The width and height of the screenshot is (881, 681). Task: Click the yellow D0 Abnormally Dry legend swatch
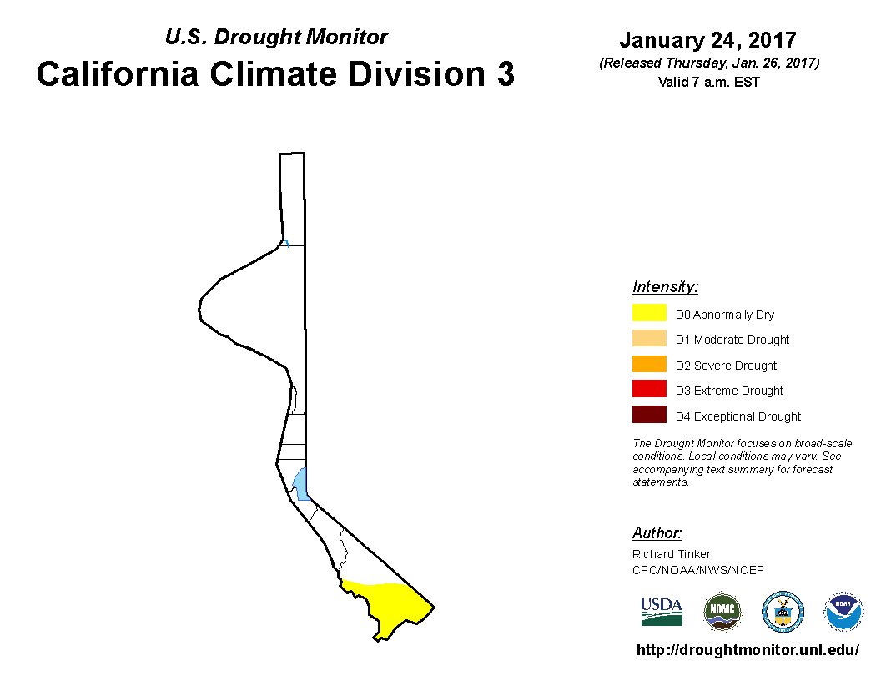(x=649, y=312)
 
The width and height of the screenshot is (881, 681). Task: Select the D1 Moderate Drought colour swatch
(x=649, y=338)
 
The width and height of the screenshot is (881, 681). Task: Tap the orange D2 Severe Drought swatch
(x=649, y=364)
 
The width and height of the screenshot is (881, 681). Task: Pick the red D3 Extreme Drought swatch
(x=649, y=389)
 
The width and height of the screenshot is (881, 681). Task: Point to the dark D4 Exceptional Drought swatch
(x=649, y=414)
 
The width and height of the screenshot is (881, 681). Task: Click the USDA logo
(x=662, y=612)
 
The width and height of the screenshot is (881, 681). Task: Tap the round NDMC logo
(x=722, y=612)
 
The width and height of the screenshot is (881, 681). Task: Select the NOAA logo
(x=843, y=612)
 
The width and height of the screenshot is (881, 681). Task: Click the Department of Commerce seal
(x=783, y=612)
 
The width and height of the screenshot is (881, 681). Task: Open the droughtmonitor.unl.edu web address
(x=748, y=650)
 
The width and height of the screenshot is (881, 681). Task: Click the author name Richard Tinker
(x=672, y=554)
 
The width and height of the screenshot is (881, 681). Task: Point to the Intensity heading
(x=665, y=287)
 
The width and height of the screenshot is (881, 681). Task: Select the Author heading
(x=657, y=532)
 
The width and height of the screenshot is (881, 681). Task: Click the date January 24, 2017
(x=708, y=40)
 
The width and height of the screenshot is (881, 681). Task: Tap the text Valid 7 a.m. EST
(x=708, y=82)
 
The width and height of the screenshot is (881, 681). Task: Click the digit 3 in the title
(x=506, y=74)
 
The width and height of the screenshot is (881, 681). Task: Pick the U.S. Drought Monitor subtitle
(x=276, y=37)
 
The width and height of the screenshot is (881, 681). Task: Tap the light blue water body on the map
(x=300, y=484)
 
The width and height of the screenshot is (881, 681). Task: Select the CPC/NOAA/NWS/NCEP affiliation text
(x=697, y=570)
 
